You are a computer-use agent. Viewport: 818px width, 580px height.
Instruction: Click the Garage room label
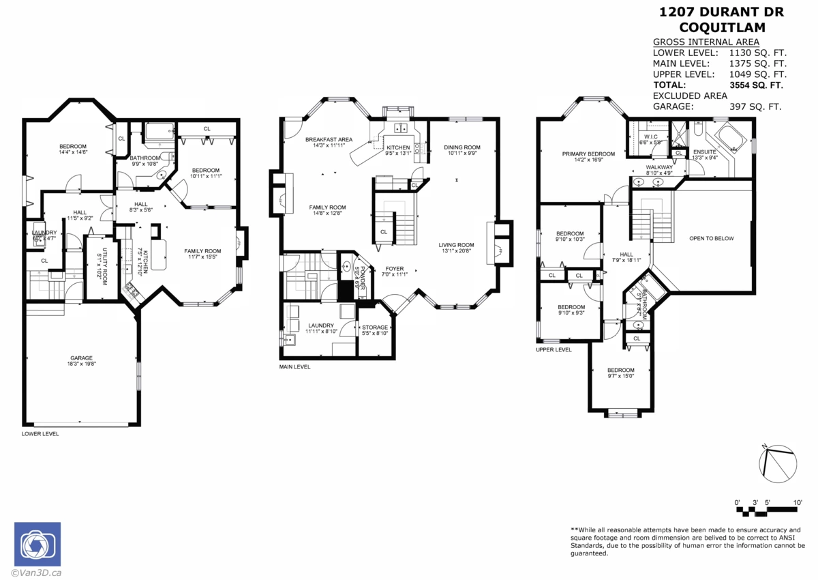[81, 358]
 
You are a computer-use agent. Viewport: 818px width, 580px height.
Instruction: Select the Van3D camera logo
[37, 545]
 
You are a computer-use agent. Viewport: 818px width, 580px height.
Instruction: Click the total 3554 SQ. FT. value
[757, 85]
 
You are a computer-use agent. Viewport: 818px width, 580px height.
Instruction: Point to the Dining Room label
[462, 147]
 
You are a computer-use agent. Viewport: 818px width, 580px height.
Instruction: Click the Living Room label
[456, 245]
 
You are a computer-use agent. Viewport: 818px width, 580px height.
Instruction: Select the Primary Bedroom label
[588, 154]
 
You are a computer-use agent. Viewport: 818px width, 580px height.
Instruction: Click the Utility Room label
[105, 267]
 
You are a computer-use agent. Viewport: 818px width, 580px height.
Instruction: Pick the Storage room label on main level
[375, 328]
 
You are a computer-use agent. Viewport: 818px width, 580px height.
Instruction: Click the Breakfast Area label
[329, 140]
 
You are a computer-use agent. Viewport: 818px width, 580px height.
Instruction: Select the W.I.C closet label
[649, 136]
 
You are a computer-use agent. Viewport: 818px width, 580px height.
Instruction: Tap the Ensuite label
[704, 151]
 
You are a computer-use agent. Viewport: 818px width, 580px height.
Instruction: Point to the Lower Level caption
[40, 433]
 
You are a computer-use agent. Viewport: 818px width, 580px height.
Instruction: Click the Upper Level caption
[554, 349]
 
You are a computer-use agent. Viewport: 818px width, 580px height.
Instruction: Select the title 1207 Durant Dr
[721, 12]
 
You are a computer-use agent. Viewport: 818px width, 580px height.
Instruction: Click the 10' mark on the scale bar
[797, 502]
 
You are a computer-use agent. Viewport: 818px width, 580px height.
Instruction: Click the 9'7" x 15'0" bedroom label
[621, 370]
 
